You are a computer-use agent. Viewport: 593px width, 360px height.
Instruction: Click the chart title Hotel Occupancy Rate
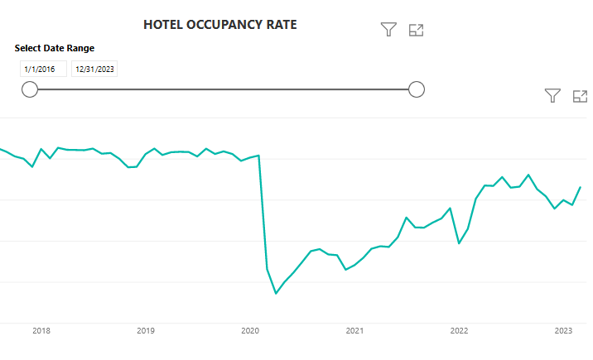[219, 25]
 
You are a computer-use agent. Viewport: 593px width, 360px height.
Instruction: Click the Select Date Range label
[55, 48]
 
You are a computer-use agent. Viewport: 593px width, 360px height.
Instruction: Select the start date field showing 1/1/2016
[40, 70]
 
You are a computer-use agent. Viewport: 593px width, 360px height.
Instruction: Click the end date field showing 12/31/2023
[94, 70]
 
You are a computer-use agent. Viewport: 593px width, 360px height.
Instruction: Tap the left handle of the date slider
[30, 89]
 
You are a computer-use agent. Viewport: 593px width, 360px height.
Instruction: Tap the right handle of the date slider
[417, 89]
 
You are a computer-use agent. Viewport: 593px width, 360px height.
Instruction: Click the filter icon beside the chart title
[388, 30]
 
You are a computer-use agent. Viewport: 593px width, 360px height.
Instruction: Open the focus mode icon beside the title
[417, 30]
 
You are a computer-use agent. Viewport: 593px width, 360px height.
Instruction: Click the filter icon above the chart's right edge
[553, 96]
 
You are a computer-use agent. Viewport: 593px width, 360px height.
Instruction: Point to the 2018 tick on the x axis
[41, 331]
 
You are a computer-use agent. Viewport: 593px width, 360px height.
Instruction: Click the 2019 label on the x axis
[146, 331]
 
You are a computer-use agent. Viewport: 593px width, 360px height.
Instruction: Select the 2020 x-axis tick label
[250, 331]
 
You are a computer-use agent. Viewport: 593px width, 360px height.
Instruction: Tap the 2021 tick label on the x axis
[354, 331]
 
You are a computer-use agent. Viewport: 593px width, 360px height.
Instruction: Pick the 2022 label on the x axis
[459, 331]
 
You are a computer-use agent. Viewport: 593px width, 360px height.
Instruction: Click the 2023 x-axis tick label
[563, 331]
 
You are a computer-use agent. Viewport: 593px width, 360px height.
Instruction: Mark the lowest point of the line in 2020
[276, 293]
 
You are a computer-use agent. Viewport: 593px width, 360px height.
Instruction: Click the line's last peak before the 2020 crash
[259, 156]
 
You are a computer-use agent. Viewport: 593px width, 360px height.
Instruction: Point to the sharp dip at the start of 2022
[460, 242]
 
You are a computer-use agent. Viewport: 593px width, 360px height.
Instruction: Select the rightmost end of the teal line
[580, 187]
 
